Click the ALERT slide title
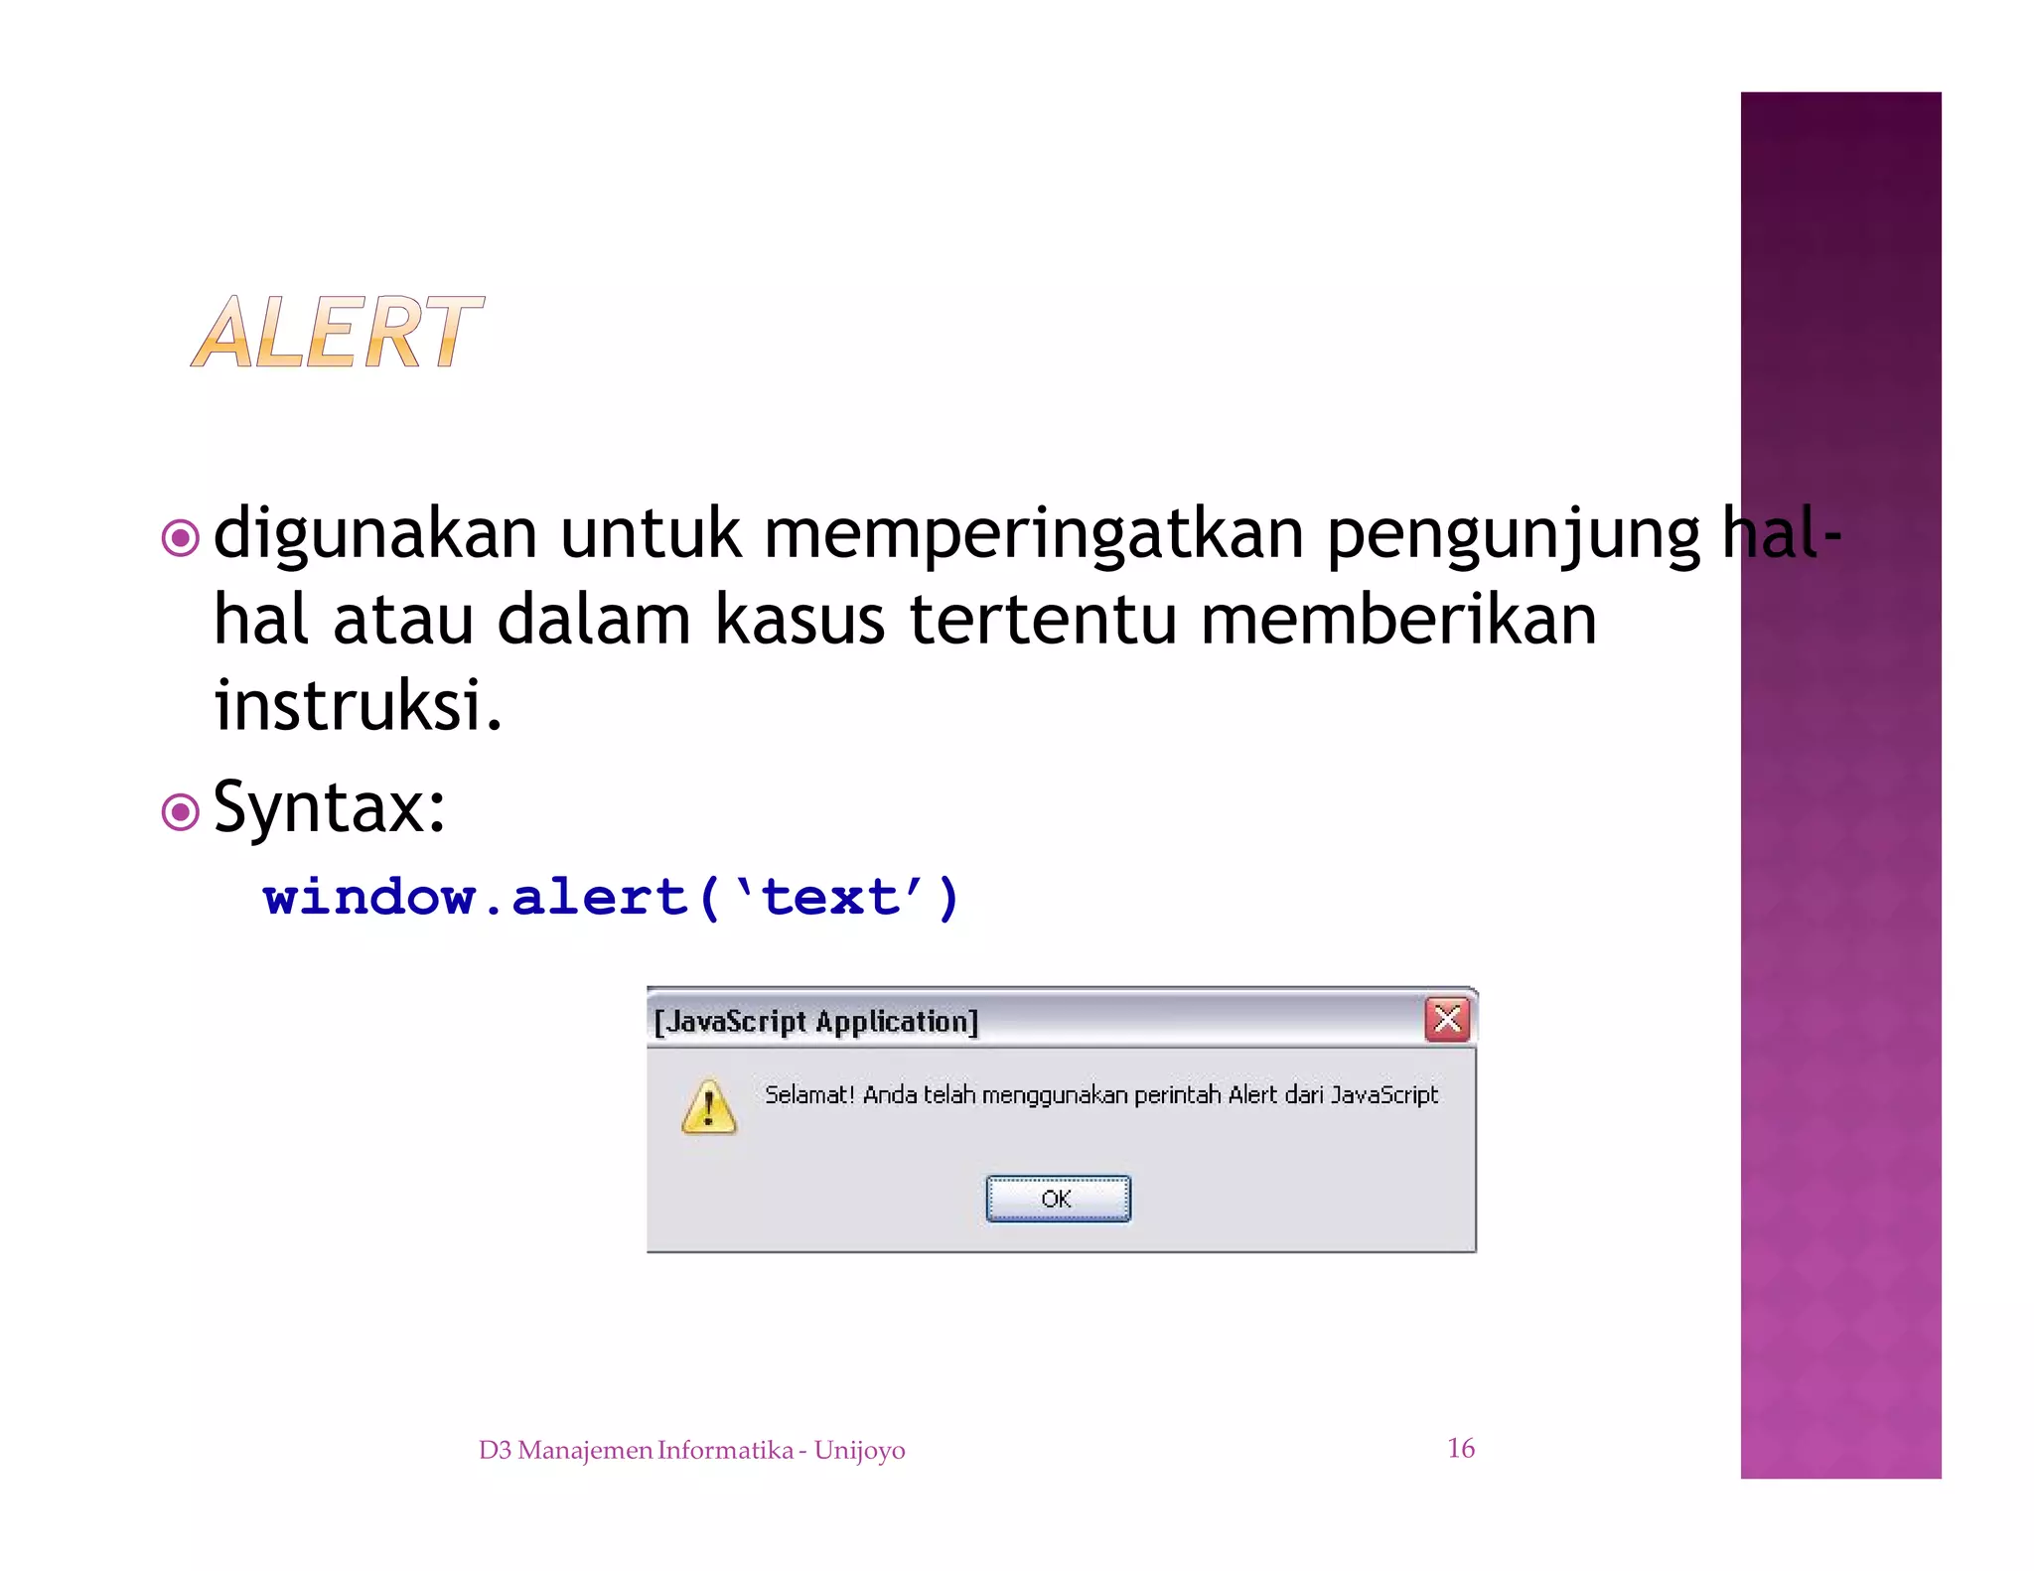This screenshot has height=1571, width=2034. (x=337, y=333)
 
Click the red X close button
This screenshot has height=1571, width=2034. (x=1447, y=1019)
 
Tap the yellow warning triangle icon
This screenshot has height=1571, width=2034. (x=708, y=1106)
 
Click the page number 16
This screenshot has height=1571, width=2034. (x=1460, y=1448)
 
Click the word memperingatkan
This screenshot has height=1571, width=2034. (x=1033, y=533)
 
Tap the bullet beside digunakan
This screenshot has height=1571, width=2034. (x=180, y=538)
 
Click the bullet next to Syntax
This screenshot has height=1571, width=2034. (x=180, y=812)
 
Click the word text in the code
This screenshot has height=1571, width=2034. (x=830, y=898)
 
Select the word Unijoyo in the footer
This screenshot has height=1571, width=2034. (x=859, y=1450)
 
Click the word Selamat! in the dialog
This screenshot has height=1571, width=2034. (x=808, y=1094)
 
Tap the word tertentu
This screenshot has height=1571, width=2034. (x=1042, y=620)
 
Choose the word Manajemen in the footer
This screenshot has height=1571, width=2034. (x=585, y=1450)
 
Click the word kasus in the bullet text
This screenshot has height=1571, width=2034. (x=799, y=620)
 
